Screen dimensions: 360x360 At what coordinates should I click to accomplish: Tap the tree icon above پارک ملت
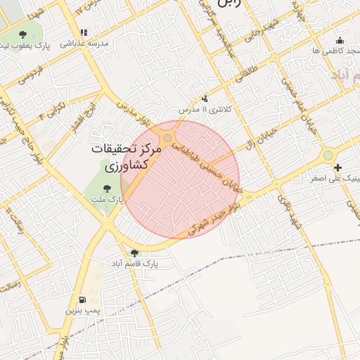(x=107, y=188)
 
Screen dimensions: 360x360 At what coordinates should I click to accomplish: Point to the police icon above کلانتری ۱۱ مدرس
(x=205, y=99)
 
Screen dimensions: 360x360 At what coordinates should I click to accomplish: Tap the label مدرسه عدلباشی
(x=84, y=43)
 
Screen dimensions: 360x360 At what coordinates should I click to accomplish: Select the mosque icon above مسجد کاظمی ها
(x=340, y=40)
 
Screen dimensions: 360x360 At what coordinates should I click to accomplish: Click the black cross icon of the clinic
(x=338, y=167)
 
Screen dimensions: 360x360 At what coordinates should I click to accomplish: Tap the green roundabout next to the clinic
(x=328, y=155)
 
